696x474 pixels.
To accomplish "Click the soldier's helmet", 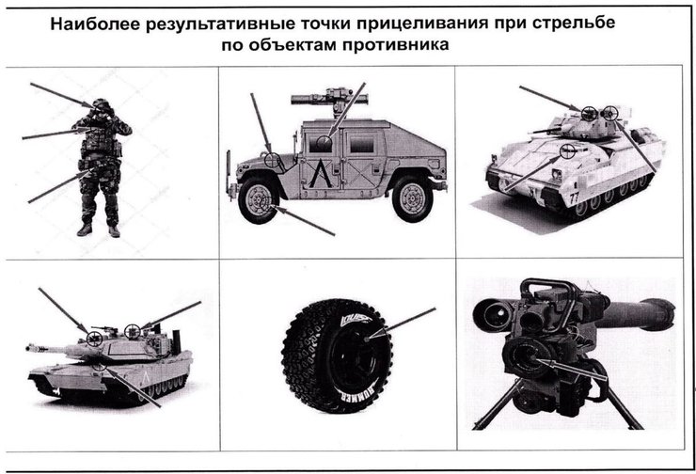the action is point(102,104).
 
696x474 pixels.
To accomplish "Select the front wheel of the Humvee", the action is point(259,199).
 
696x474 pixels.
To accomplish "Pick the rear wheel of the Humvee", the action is point(412,197).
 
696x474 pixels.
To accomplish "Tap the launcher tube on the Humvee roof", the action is point(329,98).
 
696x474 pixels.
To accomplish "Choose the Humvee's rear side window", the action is point(362,143).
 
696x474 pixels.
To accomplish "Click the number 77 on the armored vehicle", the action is point(574,197).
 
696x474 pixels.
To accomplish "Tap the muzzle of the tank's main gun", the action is point(29,348).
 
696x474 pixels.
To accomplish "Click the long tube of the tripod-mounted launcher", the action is point(635,313).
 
